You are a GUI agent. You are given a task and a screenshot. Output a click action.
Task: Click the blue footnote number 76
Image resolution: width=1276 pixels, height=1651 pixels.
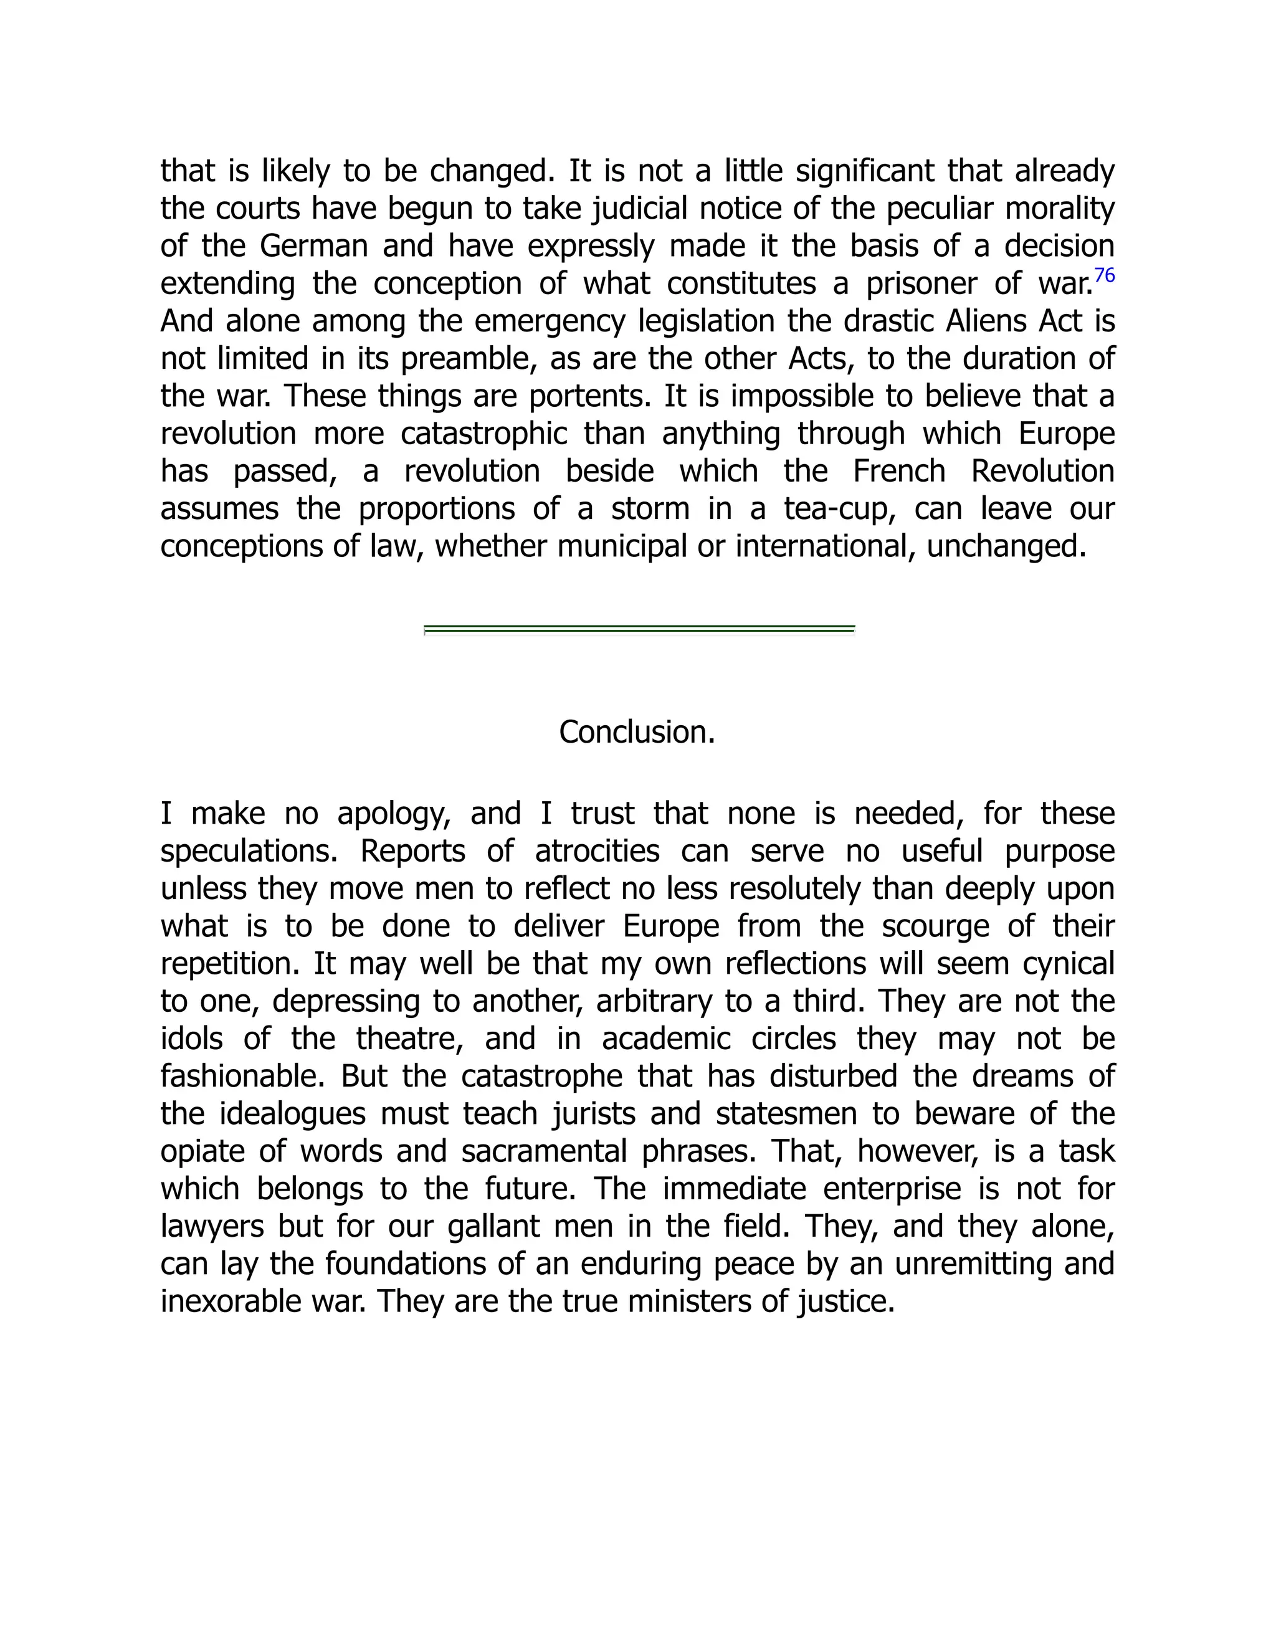1105,275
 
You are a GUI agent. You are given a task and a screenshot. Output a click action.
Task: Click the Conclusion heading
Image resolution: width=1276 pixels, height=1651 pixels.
637,732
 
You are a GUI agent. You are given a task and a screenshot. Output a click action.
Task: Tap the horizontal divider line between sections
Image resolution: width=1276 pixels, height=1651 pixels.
639,629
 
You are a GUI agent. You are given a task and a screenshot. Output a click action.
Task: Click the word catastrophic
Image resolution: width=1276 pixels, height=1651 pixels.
483,434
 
